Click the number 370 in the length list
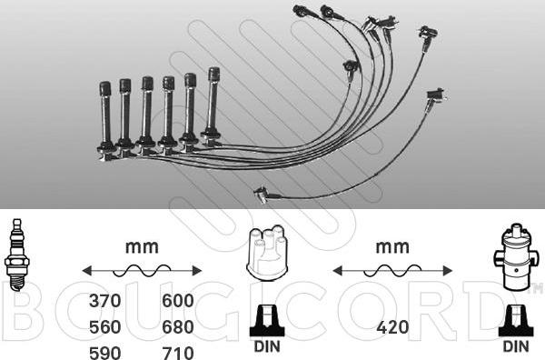(x=105, y=301)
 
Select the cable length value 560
(x=105, y=327)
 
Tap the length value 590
(x=105, y=353)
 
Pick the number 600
(x=178, y=301)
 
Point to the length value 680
(x=178, y=327)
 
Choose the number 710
(x=178, y=353)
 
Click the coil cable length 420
(x=392, y=327)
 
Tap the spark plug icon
(x=16, y=255)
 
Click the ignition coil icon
(x=516, y=256)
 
